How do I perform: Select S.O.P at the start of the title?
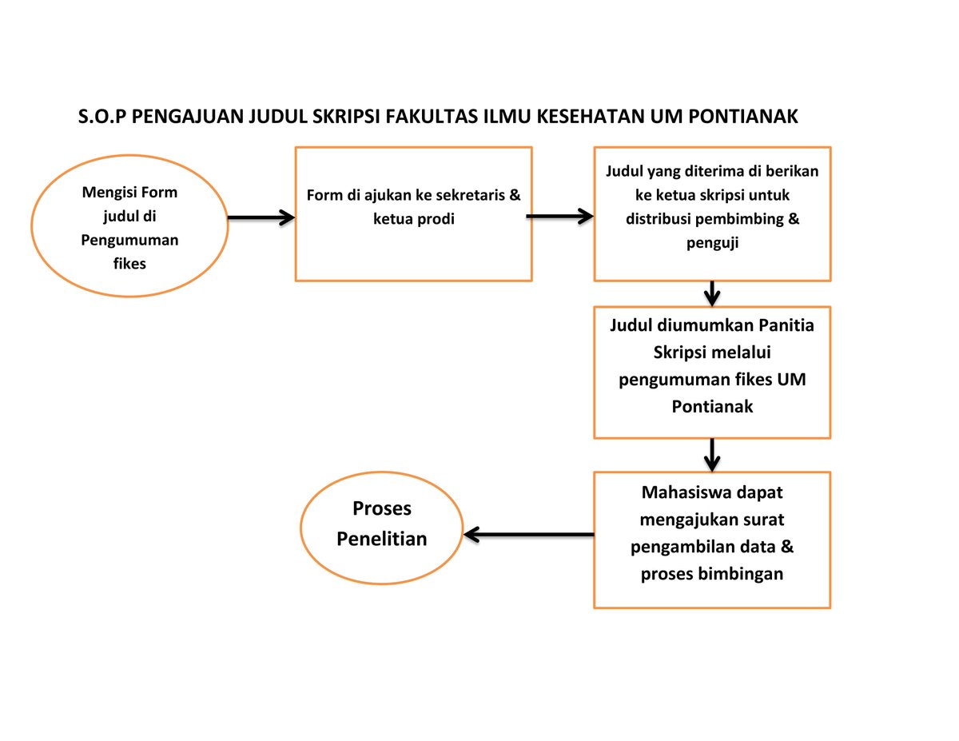[x=102, y=117]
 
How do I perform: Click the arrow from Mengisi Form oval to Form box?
[x=261, y=217]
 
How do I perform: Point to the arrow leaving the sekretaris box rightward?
[x=559, y=216]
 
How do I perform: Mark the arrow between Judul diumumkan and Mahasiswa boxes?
[x=712, y=455]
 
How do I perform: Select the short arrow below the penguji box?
[x=712, y=293]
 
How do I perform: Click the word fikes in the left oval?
[x=129, y=262]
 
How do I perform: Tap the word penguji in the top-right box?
[x=712, y=244]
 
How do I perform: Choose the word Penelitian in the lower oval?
[x=382, y=539]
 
